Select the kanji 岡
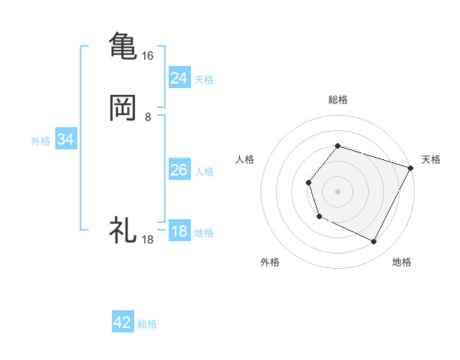123,108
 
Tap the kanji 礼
123,230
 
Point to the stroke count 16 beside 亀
147,56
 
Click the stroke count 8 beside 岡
148,117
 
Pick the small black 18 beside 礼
147,240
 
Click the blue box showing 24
179,77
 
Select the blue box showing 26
179,170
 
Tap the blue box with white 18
179,231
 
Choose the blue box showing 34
65,139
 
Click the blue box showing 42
123,322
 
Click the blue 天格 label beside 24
204,80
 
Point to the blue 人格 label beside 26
204,172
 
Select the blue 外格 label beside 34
41,141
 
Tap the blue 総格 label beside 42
147,324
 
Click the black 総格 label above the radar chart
338,100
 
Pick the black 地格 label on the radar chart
402,262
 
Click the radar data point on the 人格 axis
308,182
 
